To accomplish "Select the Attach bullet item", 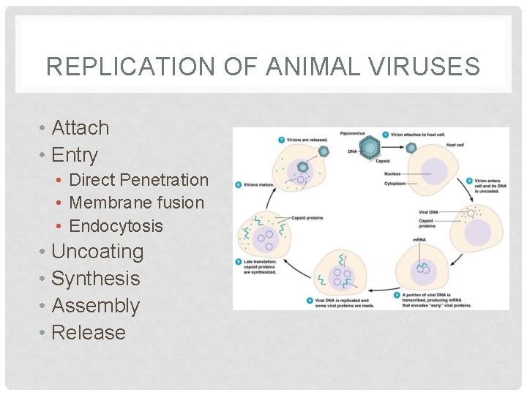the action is (x=81, y=127).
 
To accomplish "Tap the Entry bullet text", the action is (x=75, y=154).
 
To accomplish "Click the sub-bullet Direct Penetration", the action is (x=139, y=179).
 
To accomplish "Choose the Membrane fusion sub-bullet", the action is (x=137, y=202).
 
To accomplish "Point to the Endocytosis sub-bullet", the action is (x=116, y=225).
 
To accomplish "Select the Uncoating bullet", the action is (x=97, y=251).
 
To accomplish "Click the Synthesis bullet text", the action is (x=96, y=278).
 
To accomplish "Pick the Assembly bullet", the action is (x=96, y=305).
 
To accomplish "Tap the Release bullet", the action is (x=89, y=332).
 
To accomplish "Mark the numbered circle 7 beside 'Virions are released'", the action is (x=282, y=139).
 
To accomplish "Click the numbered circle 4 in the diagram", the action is (x=310, y=299).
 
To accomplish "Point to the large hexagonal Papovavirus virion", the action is (x=371, y=148).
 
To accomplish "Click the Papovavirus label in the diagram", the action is (x=353, y=134).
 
